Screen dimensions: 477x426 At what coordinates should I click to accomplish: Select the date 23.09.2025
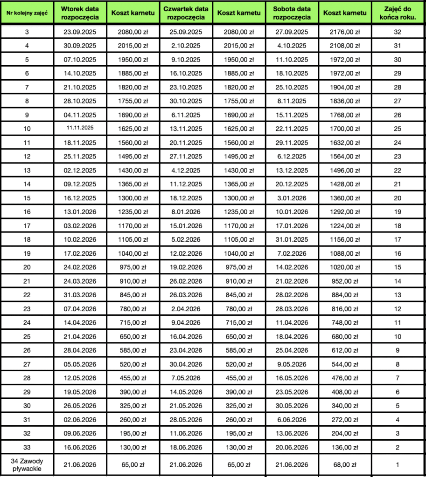80,32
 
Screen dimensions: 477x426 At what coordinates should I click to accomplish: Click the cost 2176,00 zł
345,32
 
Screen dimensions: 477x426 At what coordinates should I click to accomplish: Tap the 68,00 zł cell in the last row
345,464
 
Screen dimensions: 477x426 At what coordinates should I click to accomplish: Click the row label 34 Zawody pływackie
27,464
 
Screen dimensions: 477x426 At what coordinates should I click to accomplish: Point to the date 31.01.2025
292,240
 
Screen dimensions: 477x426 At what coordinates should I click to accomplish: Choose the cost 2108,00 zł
345,46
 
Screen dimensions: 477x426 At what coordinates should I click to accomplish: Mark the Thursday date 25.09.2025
186,32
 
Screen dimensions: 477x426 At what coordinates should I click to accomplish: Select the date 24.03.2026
80,281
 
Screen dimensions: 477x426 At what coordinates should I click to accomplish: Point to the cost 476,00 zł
345,378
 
